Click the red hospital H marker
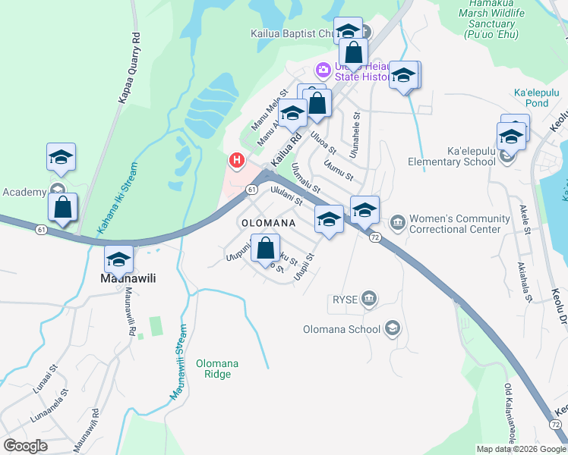click(x=237, y=161)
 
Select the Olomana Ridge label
click(x=217, y=369)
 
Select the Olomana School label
click(x=342, y=329)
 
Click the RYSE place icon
click(x=370, y=299)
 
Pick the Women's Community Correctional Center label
click(x=455, y=224)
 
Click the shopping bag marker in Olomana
click(x=264, y=248)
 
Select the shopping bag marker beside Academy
click(x=63, y=207)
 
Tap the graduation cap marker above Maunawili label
click(x=118, y=259)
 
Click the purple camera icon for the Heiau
click(x=323, y=71)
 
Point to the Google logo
click(x=26, y=445)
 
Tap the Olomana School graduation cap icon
click(x=392, y=328)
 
